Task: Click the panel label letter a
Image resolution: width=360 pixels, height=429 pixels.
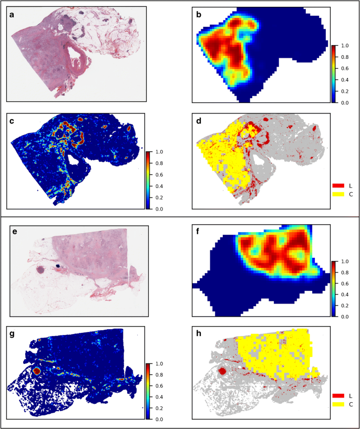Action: (x=12, y=15)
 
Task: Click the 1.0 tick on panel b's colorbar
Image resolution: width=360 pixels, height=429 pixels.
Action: (x=342, y=46)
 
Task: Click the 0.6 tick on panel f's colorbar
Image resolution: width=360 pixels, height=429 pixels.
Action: (x=342, y=284)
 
